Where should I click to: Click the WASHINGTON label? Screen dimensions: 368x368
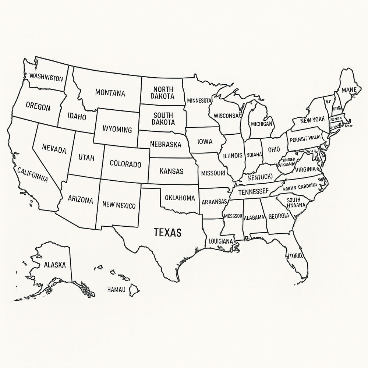[x=46, y=78]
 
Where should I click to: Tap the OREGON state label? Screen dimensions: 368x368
[x=38, y=107]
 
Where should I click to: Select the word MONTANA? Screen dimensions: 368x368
[x=110, y=93]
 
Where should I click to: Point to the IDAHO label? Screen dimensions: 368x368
[x=77, y=117]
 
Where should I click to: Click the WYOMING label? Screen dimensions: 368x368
[x=117, y=130]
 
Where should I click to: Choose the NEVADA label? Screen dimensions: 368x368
[x=54, y=150]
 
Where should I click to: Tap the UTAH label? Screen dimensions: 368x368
[x=86, y=158]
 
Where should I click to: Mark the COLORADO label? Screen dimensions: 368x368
[x=125, y=164]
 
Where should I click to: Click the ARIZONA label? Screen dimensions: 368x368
[x=81, y=199]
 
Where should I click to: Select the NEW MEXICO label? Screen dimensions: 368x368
[x=119, y=205]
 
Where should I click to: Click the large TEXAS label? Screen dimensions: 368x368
[x=167, y=232]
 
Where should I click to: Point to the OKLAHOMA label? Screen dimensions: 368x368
[x=180, y=198]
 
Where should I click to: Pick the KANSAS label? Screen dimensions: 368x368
[x=171, y=171]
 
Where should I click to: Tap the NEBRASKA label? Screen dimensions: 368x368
[x=166, y=144]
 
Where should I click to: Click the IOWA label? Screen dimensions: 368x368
[x=205, y=141]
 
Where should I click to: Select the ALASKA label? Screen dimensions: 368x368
[x=55, y=264]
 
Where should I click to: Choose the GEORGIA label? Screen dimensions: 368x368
[x=279, y=216]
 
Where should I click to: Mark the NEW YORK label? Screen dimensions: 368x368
[x=312, y=120]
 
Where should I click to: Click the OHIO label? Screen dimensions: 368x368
[x=274, y=149]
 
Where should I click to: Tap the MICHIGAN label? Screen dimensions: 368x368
[x=262, y=124]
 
